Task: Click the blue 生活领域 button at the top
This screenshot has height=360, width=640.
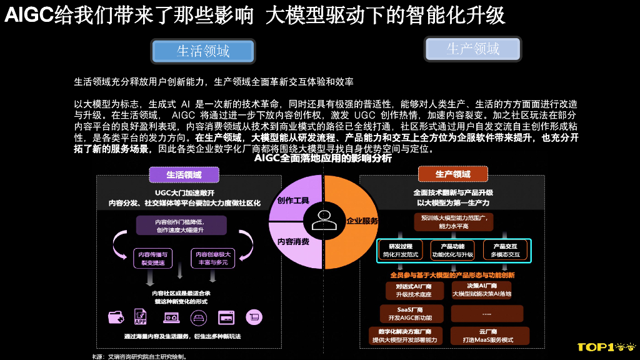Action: (x=203, y=51)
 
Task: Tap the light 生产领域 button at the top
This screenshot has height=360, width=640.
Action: (x=472, y=49)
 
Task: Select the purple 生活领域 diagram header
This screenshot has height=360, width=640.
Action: (x=184, y=175)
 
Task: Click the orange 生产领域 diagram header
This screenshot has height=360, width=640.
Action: (x=453, y=174)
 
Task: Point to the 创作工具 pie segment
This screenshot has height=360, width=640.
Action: (x=294, y=201)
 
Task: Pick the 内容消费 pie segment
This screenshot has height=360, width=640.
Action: (x=293, y=241)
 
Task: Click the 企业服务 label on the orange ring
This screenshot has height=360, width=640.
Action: (x=362, y=221)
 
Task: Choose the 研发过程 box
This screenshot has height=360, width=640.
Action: (x=401, y=251)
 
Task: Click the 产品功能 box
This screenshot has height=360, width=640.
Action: (x=453, y=251)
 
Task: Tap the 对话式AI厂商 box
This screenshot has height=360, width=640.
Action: (x=410, y=290)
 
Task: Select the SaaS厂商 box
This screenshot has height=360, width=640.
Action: (x=410, y=313)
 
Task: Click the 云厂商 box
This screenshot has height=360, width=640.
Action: (x=488, y=336)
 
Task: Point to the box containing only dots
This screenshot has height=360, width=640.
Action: (x=488, y=313)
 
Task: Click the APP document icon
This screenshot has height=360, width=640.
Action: (x=141, y=317)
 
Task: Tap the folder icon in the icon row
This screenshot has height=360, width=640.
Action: (x=116, y=317)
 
